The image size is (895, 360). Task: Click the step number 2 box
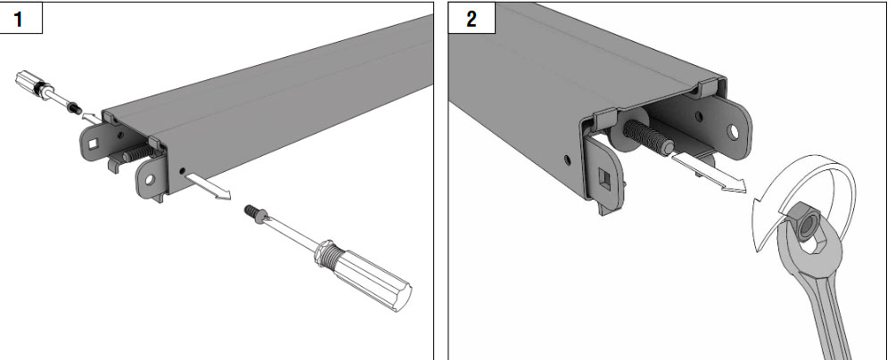pos(472,18)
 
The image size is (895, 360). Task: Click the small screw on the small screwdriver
pos(73,106)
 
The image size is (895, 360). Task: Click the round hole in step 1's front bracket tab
pos(150,180)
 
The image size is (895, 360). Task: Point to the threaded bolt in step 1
pos(137,152)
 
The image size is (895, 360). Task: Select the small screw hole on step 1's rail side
pos(182,170)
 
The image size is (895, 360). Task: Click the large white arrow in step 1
pos(208,187)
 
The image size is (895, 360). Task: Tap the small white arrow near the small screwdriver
pos(91,119)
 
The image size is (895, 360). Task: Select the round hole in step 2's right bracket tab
pos(734,132)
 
